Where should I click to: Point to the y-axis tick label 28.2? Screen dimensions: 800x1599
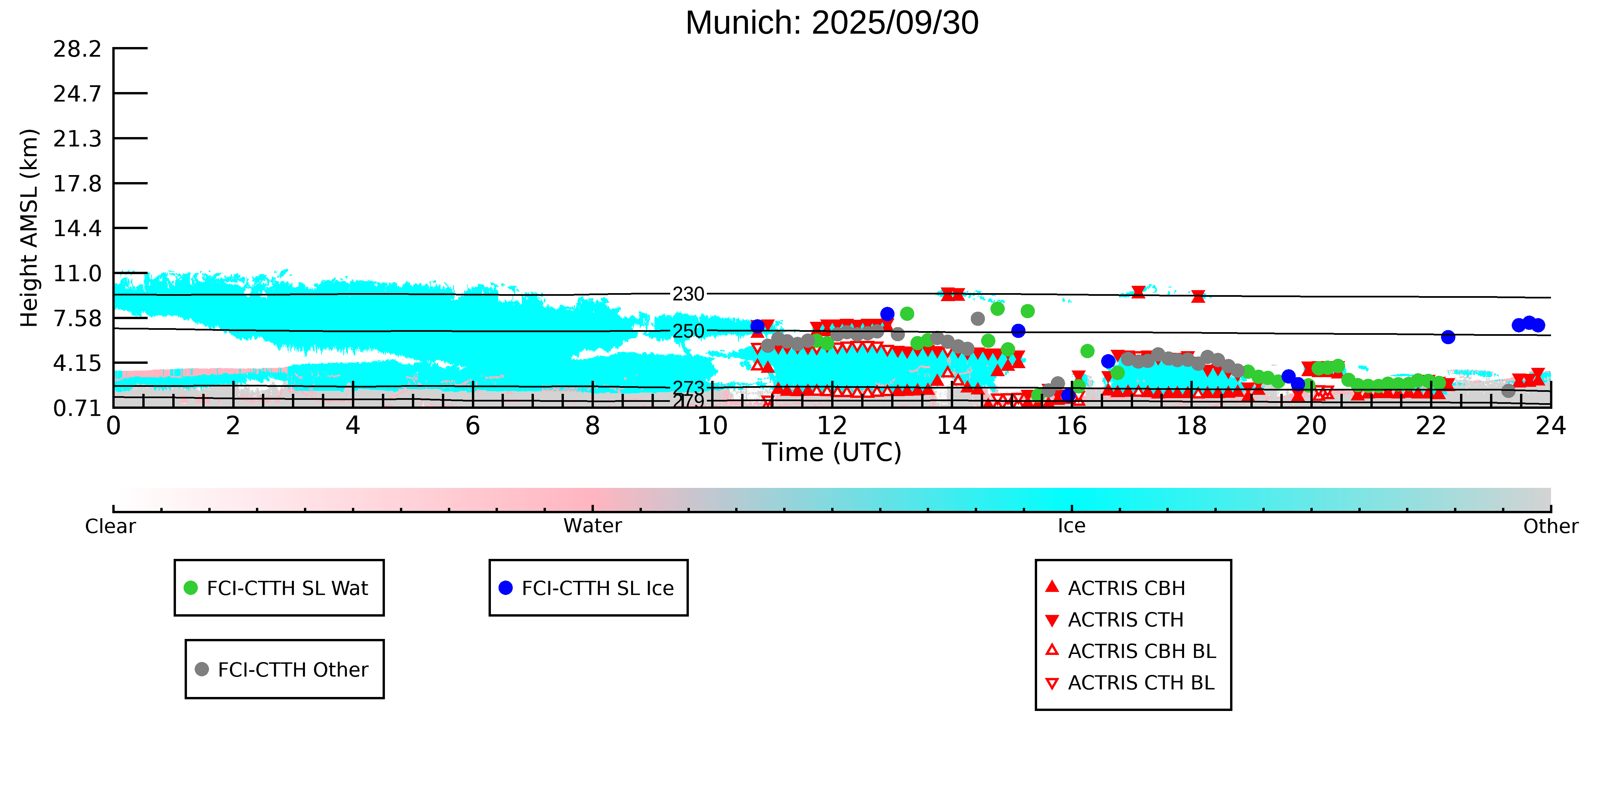click(77, 49)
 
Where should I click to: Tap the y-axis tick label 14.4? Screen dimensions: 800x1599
click(77, 228)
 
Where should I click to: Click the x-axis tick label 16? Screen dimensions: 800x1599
click(1071, 426)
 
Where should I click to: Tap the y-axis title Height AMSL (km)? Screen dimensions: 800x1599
click(29, 228)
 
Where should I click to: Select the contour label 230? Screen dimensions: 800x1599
click(689, 294)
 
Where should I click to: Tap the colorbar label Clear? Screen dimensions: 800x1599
click(111, 526)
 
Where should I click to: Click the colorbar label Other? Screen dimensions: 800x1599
click(1550, 526)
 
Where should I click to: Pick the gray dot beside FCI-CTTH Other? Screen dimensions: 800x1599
click(202, 669)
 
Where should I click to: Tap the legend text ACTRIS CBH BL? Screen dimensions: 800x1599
click(1141, 651)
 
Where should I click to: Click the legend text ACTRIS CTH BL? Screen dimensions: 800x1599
click(1140, 683)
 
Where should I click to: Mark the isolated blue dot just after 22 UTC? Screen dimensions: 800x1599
click(1448, 337)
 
